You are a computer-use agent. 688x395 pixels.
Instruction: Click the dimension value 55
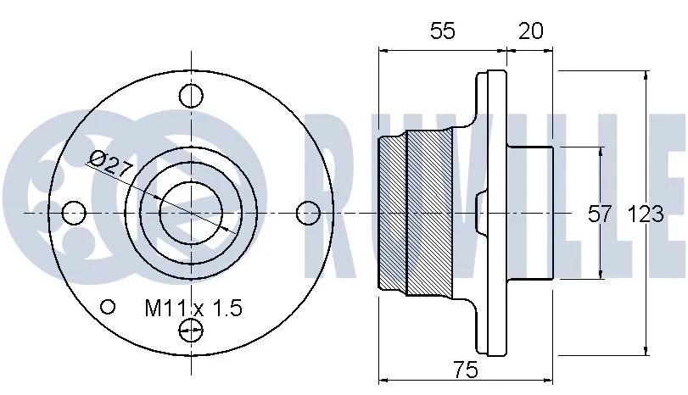(x=442, y=31)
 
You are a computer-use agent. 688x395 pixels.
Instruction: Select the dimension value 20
(x=530, y=31)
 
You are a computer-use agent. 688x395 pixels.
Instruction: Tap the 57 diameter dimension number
(x=600, y=214)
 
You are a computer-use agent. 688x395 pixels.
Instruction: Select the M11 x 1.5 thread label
(x=192, y=308)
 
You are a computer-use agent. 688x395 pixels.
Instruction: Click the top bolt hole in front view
(x=193, y=95)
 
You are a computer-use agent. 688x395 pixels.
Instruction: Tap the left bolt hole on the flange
(x=75, y=212)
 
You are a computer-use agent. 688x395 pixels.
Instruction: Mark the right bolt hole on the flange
(x=310, y=212)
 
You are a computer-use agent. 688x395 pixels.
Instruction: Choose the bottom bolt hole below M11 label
(x=193, y=331)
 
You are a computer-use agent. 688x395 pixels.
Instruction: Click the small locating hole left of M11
(x=108, y=306)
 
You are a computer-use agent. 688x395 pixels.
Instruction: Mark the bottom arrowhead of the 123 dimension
(x=647, y=349)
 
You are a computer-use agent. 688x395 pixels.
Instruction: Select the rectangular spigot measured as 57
(x=530, y=212)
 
